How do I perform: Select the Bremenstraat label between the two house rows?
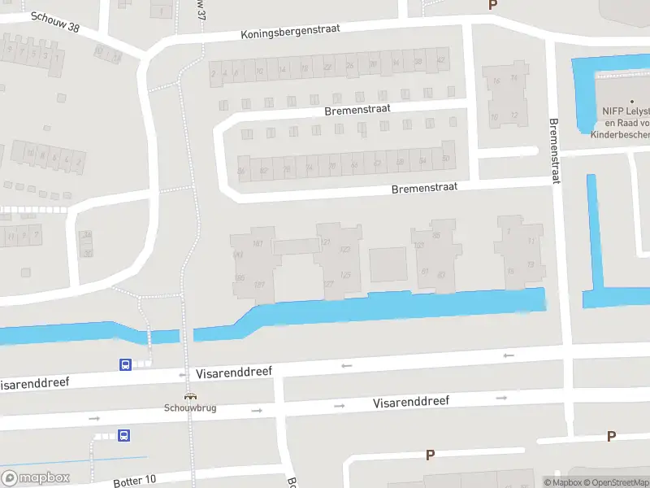357,109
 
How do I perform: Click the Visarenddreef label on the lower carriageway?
411,402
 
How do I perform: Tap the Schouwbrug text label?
190,407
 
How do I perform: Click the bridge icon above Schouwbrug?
191,397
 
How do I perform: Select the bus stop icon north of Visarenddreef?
125,364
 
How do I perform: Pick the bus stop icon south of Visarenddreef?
124,436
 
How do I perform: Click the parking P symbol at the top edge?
492,5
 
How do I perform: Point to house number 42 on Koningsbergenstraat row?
441,61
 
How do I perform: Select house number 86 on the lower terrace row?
241,171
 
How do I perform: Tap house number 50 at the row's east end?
445,158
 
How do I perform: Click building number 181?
258,243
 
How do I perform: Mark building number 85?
436,236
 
